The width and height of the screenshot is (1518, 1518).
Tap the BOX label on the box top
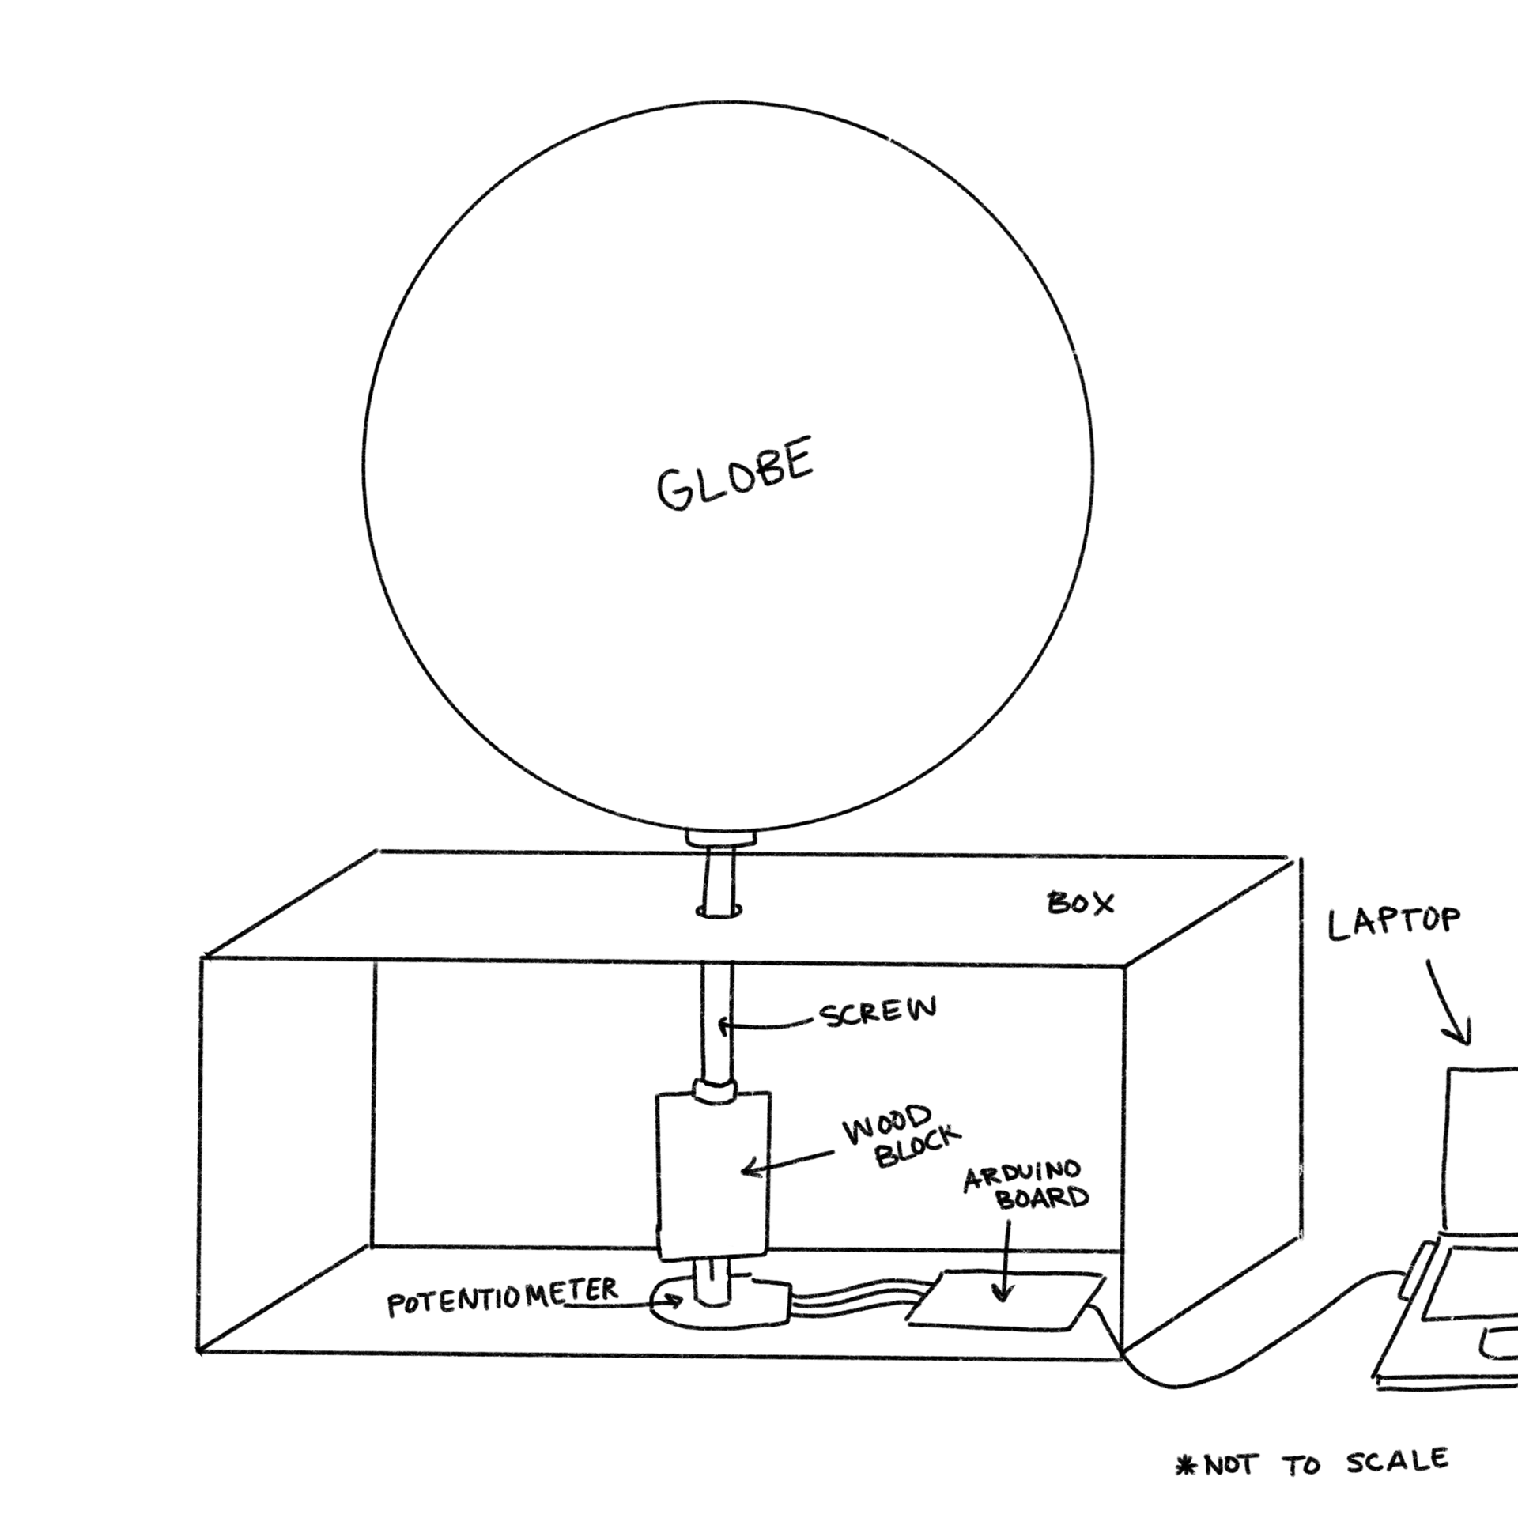coord(1080,904)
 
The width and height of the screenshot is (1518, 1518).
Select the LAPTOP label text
coord(1393,923)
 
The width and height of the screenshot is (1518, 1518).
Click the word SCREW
coord(878,1011)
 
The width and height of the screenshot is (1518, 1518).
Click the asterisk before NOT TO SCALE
coord(1186,1467)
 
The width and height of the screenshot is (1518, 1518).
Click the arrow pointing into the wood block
coord(787,1164)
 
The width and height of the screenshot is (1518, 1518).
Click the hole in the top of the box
coord(719,912)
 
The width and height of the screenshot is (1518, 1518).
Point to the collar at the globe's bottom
coord(721,838)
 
